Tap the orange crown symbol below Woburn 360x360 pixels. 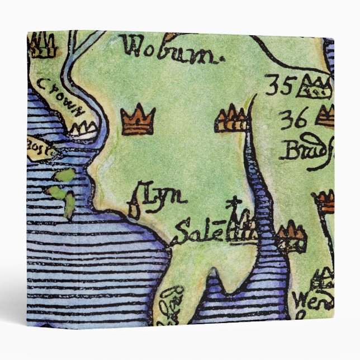138,121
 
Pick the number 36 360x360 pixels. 293,119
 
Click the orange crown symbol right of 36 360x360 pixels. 325,116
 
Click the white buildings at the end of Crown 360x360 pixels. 82,131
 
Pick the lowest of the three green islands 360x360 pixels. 69,208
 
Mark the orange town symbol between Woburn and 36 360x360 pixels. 231,119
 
